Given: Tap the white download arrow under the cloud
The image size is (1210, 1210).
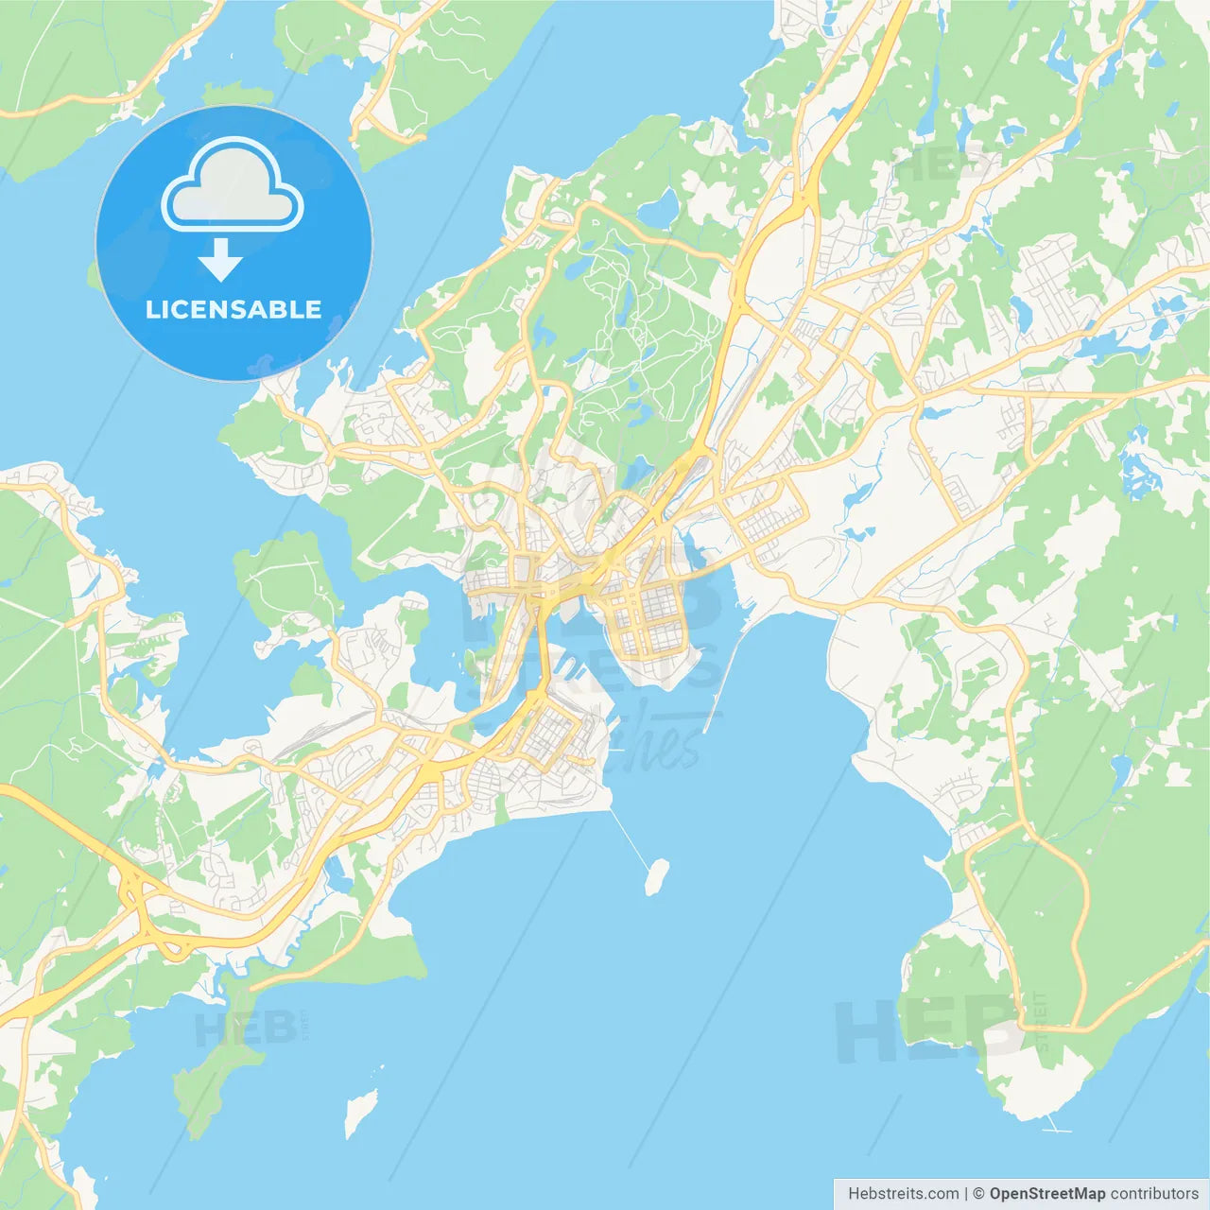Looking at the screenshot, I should (220, 260).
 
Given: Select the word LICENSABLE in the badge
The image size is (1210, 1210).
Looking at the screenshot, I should (233, 309).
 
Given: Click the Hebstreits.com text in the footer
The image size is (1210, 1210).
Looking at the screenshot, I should (903, 1194).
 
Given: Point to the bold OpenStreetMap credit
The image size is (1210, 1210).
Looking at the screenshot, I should (1046, 1194).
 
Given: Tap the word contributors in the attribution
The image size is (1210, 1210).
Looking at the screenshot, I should (1154, 1194).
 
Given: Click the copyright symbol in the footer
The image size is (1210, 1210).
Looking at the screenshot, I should (978, 1194).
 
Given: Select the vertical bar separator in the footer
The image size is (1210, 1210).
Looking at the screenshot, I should (966, 1194).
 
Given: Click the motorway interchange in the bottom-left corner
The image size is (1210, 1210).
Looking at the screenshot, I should (142, 907).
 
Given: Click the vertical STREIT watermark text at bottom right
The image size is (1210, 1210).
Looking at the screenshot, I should (1042, 1021).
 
